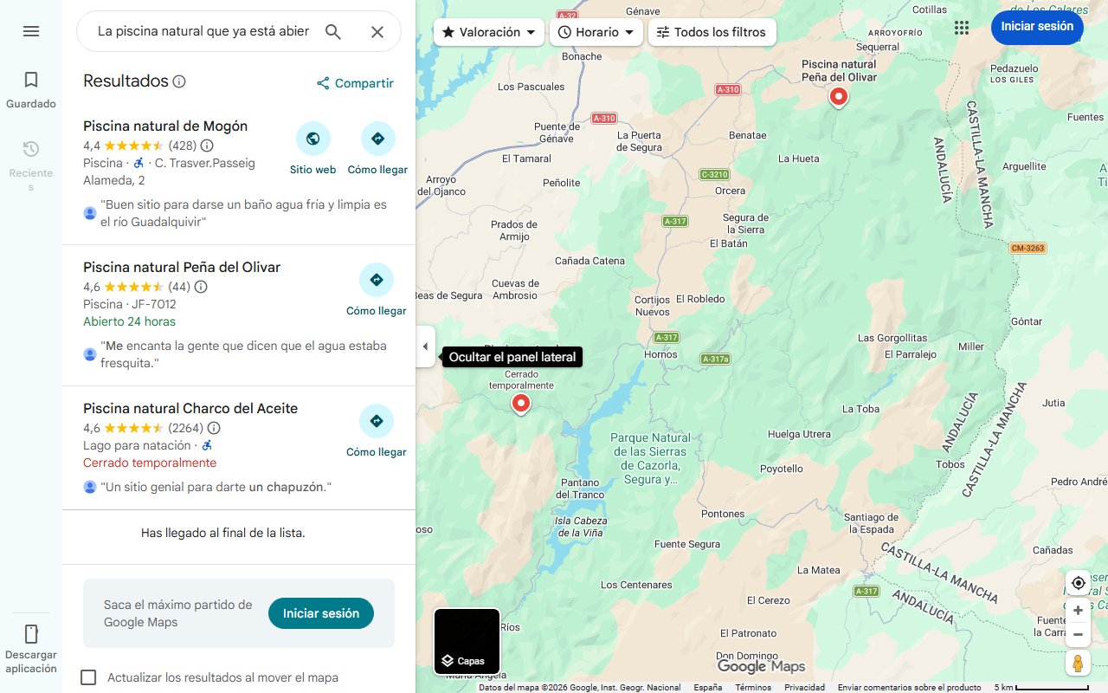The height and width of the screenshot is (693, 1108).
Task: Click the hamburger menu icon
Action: [x=31, y=31]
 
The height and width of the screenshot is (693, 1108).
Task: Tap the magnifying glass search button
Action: [x=333, y=32]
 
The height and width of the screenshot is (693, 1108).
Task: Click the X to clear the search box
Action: [x=377, y=32]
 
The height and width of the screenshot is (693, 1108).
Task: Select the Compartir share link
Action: [x=355, y=83]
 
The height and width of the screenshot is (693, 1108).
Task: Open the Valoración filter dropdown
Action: [x=488, y=32]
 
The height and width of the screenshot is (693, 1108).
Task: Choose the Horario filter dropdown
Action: [x=596, y=32]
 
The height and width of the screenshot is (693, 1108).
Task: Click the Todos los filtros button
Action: [x=711, y=32]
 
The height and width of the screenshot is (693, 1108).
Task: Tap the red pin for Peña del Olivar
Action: [x=838, y=96]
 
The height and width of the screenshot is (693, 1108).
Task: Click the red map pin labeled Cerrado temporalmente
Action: [x=520, y=403]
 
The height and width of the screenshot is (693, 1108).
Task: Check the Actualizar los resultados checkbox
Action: [x=88, y=677]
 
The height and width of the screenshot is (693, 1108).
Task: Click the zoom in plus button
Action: [x=1078, y=611]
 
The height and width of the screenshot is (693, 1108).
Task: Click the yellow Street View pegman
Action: [x=1078, y=664]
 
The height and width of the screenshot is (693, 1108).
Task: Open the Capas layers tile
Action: [x=467, y=642]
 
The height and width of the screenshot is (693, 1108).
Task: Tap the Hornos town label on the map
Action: [x=661, y=354]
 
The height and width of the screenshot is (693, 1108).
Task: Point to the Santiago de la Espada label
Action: [x=870, y=523]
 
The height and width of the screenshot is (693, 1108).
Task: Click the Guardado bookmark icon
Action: [x=31, y=81]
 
